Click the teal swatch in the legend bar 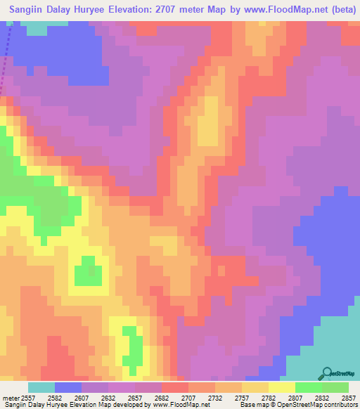41,387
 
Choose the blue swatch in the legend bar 68,387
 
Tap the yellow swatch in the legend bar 282,387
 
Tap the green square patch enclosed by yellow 87,271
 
